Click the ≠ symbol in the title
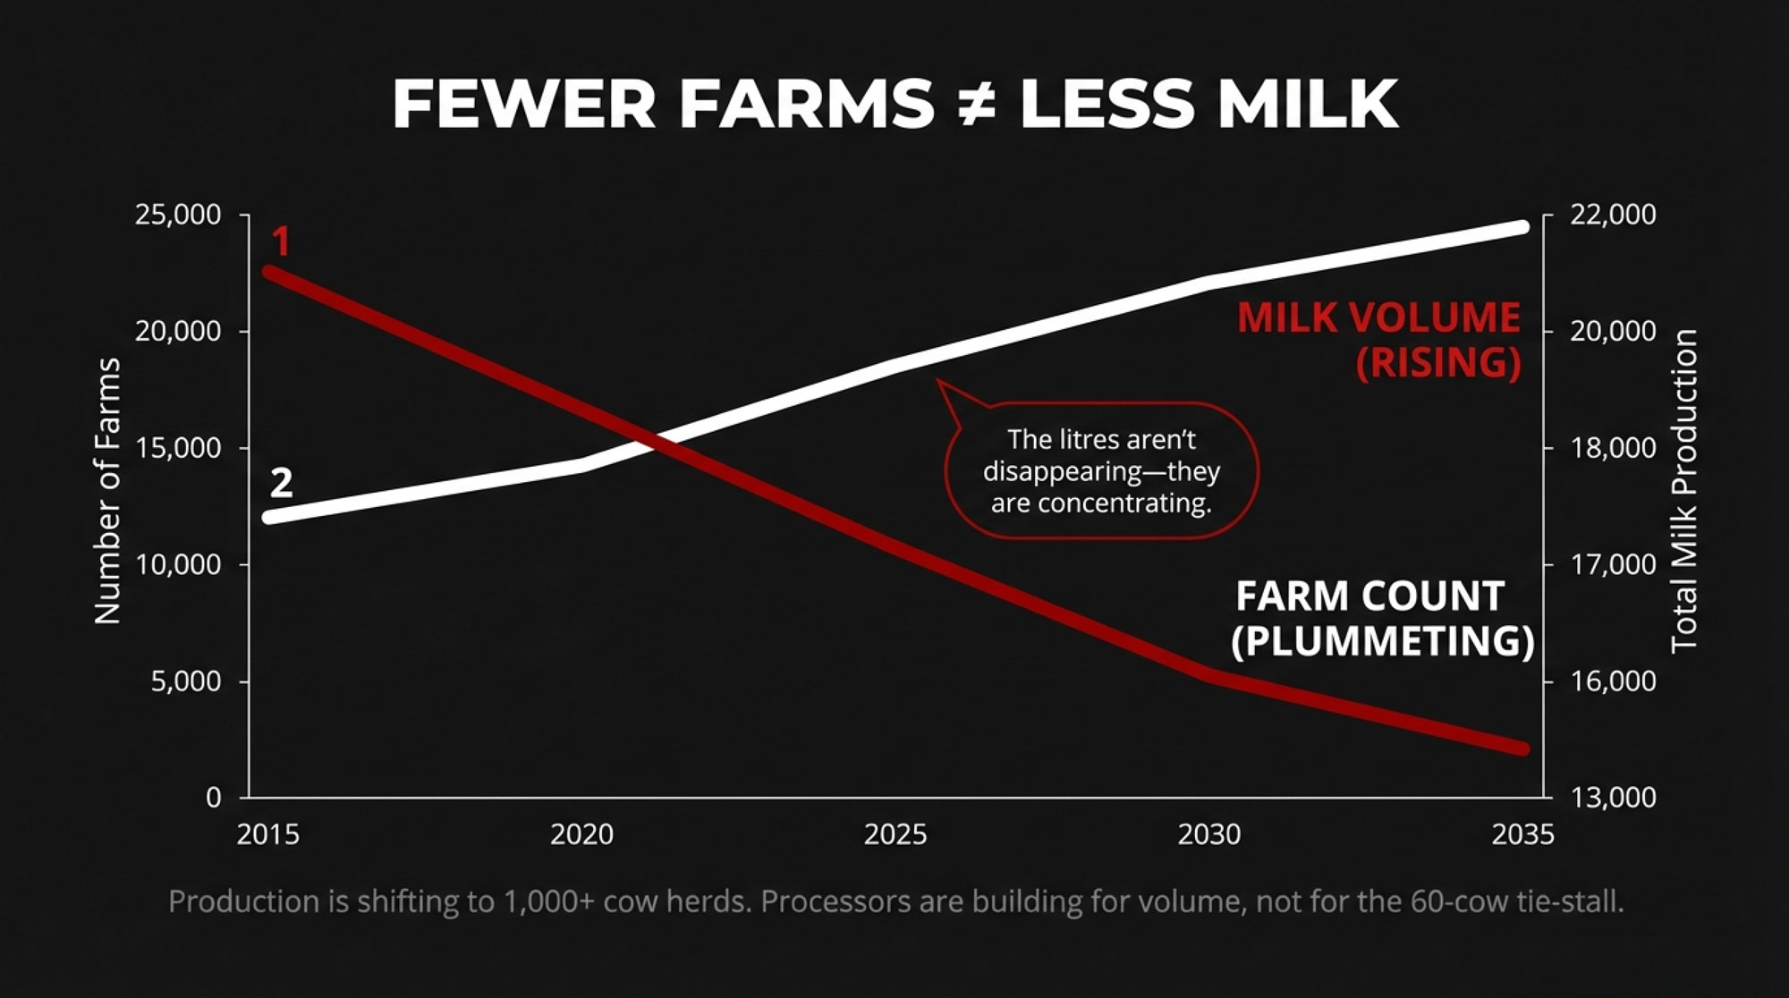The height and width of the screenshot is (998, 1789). (x=976, y=104)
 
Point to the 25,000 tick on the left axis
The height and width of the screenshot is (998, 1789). (x=178, y=215)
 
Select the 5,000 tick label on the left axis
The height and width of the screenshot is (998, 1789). (x=186, y=681)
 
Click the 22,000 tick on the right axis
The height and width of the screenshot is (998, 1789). (x=1613, y=215)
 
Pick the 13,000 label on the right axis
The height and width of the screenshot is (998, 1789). (x=1613, y=797)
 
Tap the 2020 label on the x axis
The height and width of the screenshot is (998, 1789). (x=581, y=834)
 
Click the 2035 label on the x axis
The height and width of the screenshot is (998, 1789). (x=1522, y=834)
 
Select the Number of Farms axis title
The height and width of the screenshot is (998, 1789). (x=107, y=491)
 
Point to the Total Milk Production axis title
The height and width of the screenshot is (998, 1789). (x=1684, y=491)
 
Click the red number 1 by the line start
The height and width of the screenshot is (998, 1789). (x=281, y=242)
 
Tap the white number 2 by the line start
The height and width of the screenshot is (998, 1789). (x=281, y=483)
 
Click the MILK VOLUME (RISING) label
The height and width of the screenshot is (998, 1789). (x=1379, y=340)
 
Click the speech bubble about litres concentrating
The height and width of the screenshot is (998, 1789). (x=1101, y=470)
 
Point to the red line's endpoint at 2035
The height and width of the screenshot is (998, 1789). (x=1522, y=748)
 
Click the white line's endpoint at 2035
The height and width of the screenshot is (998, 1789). (x=1522, y=226)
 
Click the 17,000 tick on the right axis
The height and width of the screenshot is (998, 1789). (x=1613, y=564)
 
